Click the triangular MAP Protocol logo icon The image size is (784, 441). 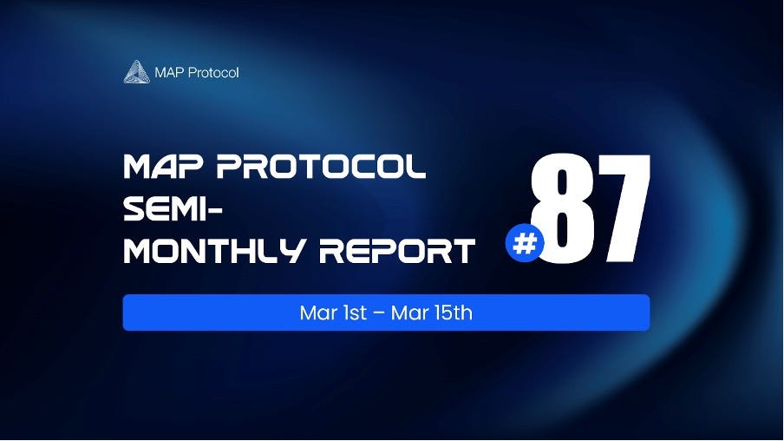tap(137, 72)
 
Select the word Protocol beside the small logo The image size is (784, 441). tap(214, 72)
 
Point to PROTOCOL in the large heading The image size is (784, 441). tap(321, 168)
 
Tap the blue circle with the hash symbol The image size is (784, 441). tap(524, 244)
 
